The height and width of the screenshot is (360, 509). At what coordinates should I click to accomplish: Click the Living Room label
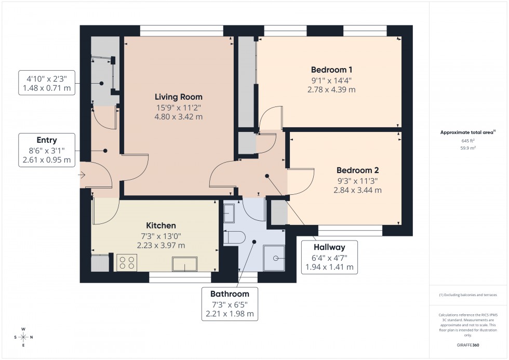pyautogui.click(x=178, y=97)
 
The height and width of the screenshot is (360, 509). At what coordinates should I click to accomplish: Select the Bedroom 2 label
pyautogui.click(x=357, y=170)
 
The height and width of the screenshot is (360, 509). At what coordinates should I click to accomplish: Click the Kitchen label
pyautogui.click(x=160, y=225)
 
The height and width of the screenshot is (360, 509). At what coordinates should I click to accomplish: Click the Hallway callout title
pyautogui.click(x=328, y=247)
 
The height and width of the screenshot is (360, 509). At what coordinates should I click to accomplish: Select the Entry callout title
pyautogui.click(x=47, y=140)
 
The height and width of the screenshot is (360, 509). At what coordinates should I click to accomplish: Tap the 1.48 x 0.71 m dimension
pyautogui.click(x=47, y=89)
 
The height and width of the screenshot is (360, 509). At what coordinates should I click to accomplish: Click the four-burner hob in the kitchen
pyautogui.click(x=126, y=262)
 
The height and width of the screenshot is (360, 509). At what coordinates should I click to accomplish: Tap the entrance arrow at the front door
pyautogui.click(x=82, y=176)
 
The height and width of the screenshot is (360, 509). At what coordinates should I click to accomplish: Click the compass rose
pyautogui.click(x=23, y=337)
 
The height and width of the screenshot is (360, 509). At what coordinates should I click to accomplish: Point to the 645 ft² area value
pyautogui.click(x=468, y=140)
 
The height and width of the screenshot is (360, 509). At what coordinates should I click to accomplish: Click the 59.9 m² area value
pyautogui.click(x=468, y=148)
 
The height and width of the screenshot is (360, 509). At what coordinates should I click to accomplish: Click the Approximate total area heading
pyautogui.click(x=467, y=132)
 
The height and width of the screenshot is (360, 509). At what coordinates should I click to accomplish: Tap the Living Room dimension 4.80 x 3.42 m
pyautogui.click(x=178, y=117)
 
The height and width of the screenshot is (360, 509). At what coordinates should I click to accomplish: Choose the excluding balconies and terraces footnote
pyautogui.click(x=468, y=295)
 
